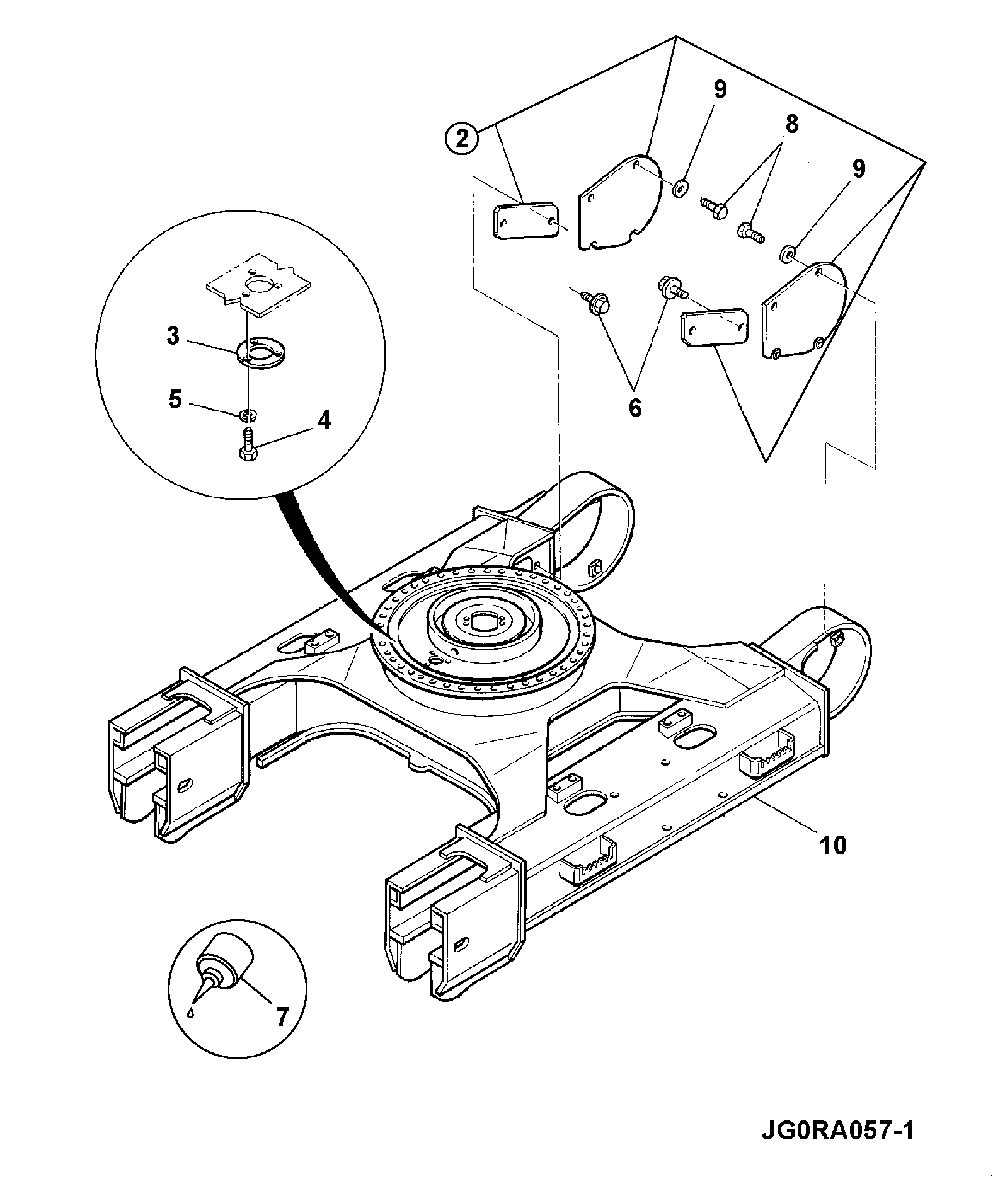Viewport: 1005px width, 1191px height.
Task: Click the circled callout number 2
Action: click(x=462, y=138)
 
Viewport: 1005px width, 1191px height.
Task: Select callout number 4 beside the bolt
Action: click(x=323, y=420)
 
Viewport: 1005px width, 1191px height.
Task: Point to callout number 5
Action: click(x=175, y=400)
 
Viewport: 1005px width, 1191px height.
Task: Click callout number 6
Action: click(x=635, y=408)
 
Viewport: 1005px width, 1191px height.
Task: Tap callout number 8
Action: click(x=791, y=124)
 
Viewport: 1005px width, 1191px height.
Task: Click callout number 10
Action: click(x=832, y=845)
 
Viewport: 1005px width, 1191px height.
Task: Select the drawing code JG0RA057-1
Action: click(x=837, y=1130)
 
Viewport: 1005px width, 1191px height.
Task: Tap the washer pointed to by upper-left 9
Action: click(x=680, y=187)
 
